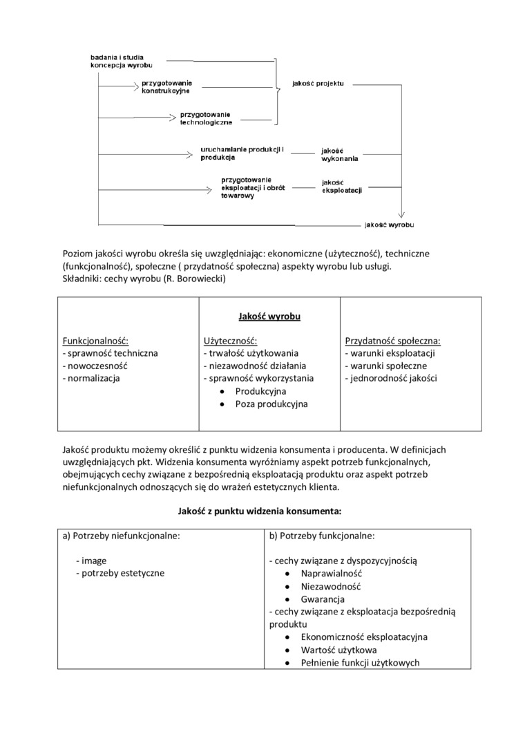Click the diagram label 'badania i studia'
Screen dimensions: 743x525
click(117, 57)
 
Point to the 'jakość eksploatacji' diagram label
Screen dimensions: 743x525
click(342, 187)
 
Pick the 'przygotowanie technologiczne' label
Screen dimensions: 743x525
click(206, 118)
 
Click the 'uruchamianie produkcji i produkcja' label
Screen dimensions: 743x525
click(233, 153)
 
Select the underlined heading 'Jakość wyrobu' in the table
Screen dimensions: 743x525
click(269, 317)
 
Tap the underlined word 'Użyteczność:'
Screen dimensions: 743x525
click(230, 341)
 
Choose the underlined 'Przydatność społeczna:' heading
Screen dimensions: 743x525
click(392, 341)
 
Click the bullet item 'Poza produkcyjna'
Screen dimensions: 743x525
click(271, 404)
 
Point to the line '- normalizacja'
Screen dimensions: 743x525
click(91, 378)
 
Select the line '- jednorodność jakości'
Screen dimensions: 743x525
click(391, 378)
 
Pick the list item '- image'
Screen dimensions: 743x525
click(91, 561)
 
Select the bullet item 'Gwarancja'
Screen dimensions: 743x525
click(323, 599)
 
